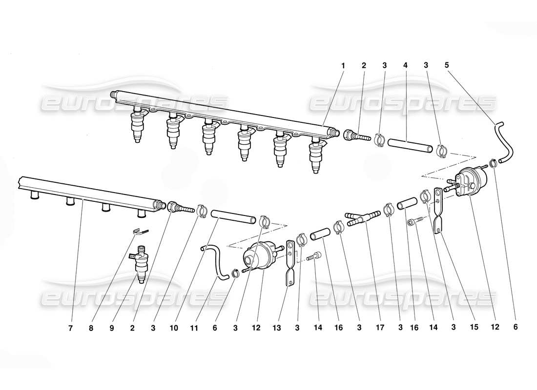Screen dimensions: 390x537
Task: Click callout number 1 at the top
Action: coord(343,65)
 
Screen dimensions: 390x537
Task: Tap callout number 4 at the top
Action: coord(405,65)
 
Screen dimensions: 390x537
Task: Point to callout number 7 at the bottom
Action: coord(70,329)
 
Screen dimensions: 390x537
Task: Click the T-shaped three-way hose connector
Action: coord(363,217)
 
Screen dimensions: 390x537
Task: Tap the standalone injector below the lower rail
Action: coord(141,264)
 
